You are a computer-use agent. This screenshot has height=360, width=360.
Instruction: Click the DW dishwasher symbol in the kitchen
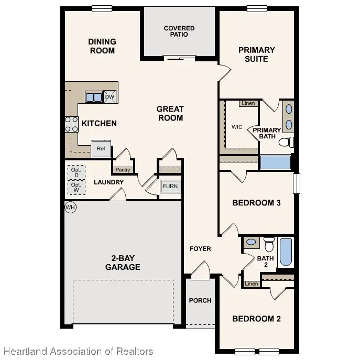point(110,97)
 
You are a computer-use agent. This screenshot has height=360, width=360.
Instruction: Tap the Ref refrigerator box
point(101,149)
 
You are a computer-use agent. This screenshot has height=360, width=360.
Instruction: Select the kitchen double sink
point(94,96)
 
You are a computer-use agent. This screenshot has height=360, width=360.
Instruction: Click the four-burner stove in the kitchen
point(71,124)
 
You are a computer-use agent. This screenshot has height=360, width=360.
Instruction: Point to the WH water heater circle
point(70,208)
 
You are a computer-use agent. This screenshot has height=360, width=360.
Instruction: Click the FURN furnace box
point(170,186)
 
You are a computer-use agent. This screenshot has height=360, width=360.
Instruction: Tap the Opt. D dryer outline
point(77,172)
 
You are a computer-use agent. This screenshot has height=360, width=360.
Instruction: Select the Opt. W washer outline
point(77,188)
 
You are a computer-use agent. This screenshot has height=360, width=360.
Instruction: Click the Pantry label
point(123,170)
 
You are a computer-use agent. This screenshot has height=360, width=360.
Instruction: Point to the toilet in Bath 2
point(269,245)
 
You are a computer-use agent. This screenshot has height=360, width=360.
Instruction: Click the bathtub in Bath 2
point(286,252)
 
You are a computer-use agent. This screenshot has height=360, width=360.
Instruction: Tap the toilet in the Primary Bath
point(286,142)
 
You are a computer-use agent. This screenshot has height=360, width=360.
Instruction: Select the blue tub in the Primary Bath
point(276,162)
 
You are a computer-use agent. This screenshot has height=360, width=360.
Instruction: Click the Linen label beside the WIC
point(248,103)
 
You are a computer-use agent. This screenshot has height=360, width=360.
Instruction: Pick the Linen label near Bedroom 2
point(252,284)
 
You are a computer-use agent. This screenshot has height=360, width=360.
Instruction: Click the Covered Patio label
point(179,31)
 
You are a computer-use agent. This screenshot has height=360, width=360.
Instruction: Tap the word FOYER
point(200,249)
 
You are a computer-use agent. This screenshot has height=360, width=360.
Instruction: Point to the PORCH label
point(200,301)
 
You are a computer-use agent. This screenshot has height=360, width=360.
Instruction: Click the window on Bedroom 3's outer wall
point(297,183)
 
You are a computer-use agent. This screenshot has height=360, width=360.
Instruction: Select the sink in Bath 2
point(252,242)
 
